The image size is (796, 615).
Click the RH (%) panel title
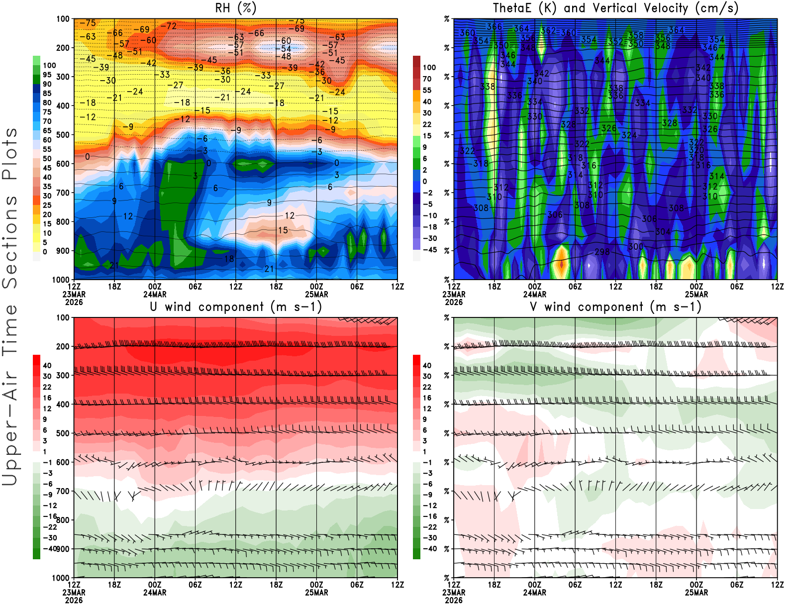tap(236, 8)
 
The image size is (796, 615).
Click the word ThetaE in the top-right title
tap(513, 8)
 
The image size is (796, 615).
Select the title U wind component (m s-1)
tap(236, 307)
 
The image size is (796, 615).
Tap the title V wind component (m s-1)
tap(615, 307)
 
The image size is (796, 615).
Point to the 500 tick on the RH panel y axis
tap(63, 135)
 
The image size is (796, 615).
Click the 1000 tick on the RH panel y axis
tap(61, 280)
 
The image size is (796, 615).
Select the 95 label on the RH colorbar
tap(47, 75)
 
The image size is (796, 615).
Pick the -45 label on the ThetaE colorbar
tap(430, 250)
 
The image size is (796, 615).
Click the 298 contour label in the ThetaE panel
tap(602, 252)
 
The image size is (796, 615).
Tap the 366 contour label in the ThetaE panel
tap(494, 27)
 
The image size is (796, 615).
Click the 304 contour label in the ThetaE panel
tap(663, 232)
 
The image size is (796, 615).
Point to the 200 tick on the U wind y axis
tap(63, 347)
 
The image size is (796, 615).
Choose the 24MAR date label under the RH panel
tap(155, 294)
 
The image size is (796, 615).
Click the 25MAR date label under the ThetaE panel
tap(696, 294)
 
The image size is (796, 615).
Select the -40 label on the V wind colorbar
tap(429, 549)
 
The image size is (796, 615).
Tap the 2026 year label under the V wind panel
tap(453, 600)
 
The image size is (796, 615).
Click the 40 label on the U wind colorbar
tap(47, 366)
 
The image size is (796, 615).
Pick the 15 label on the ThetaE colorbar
tap(427, 136)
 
